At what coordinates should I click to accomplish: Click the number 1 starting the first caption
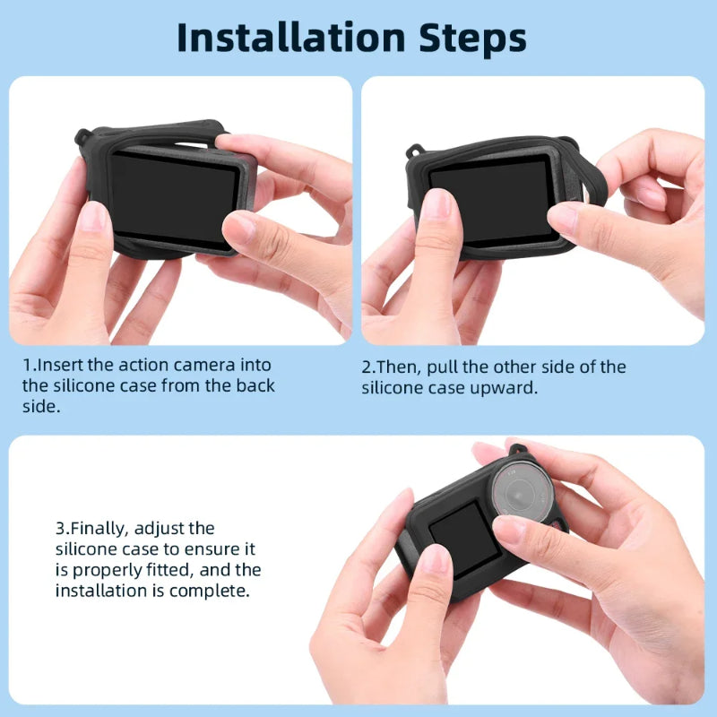pyautogui.click(x=27, y=367)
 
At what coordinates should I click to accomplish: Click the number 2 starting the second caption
pyautogui.click(x=367, y=367)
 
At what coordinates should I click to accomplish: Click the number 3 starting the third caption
pyautogui.click(x=60, y=529)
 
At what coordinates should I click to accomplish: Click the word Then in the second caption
pyautogui.click(x=398, y=367)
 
